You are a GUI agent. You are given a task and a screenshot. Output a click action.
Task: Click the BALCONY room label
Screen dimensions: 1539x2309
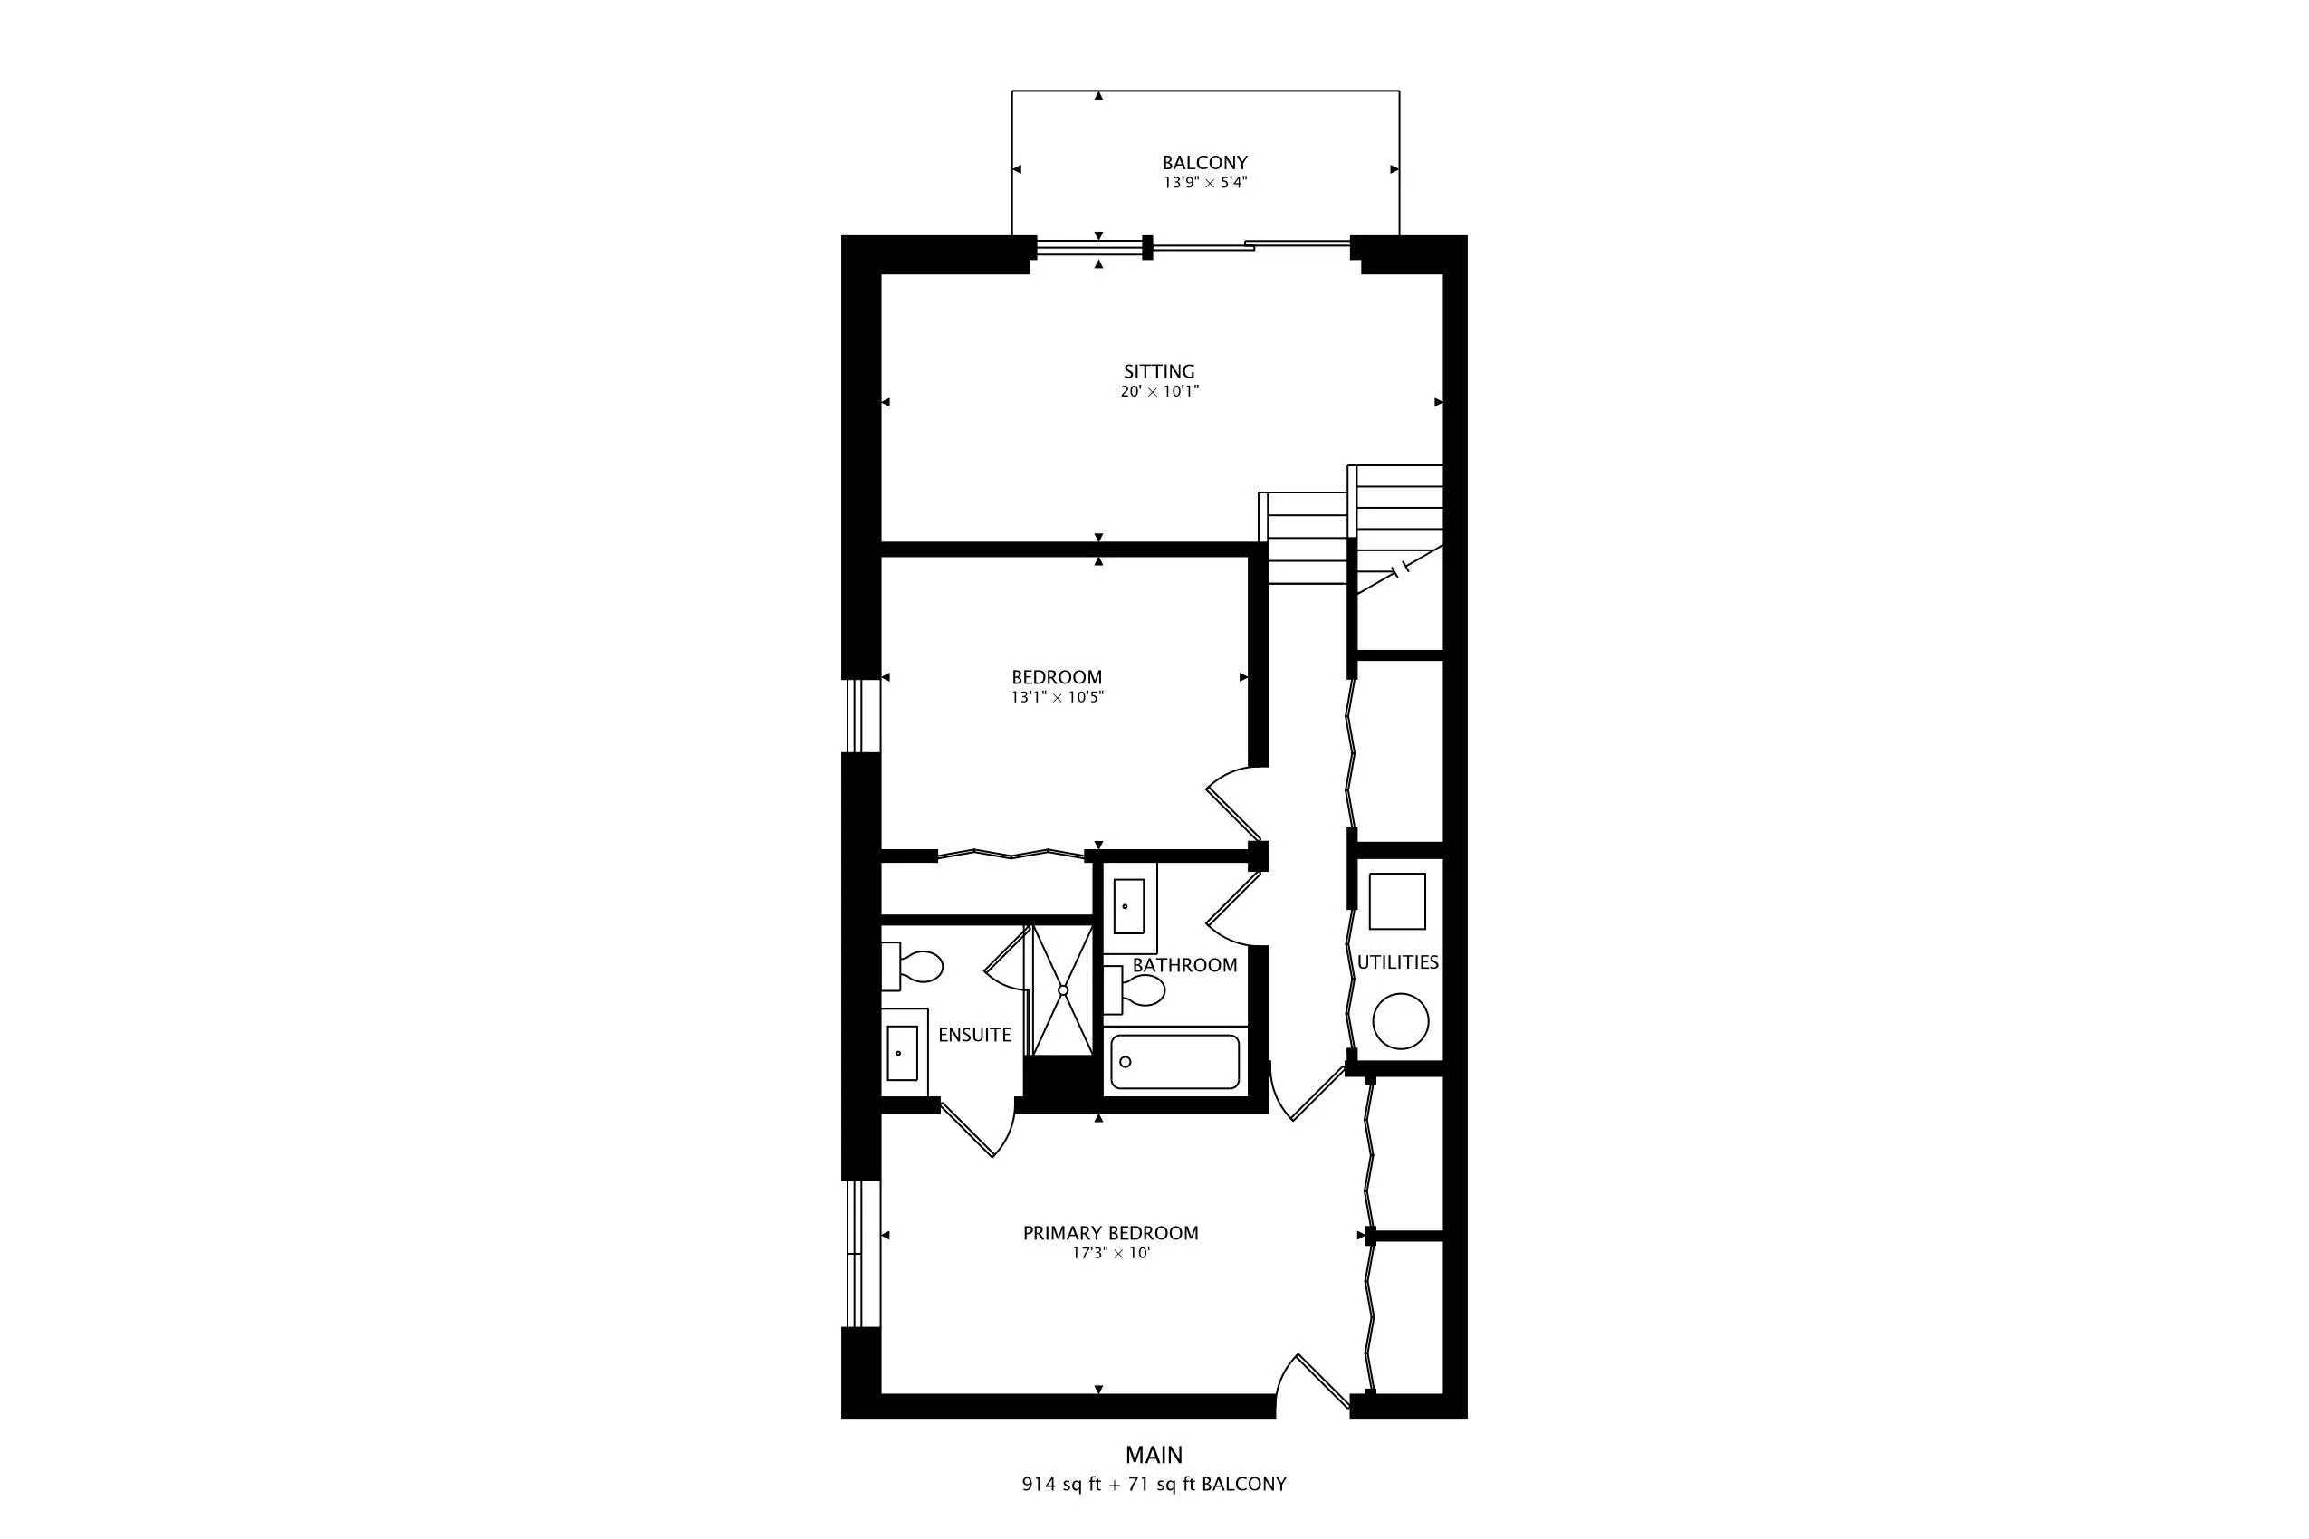pos(1204,163)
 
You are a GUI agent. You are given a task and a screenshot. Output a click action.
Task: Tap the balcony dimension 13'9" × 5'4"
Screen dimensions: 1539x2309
pos(1204,183)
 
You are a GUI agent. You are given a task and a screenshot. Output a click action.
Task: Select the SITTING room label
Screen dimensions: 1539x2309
pos(1159,372)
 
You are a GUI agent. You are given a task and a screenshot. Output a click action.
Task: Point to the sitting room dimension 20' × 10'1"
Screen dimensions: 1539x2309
pos(1159,392)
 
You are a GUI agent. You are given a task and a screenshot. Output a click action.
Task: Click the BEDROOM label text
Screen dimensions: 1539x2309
pos(1057,677)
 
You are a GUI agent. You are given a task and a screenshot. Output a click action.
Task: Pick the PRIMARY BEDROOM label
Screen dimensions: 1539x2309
pos(1110,1233)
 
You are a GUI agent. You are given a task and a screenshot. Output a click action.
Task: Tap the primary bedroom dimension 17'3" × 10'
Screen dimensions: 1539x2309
pos(1110,1254)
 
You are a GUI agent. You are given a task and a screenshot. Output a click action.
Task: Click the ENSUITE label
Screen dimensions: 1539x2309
pos(974,1035)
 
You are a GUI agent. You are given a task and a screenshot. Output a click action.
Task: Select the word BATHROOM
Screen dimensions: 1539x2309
pos(1185,965)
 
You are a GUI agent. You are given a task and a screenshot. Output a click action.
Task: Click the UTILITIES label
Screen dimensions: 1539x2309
pos(1397,961)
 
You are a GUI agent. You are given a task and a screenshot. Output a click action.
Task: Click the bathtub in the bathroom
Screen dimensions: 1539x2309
pos(1174,1061)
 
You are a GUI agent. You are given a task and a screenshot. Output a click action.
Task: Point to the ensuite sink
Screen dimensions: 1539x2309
pos(901,1053)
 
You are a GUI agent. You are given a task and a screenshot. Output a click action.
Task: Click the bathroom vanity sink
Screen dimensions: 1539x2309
pos(1128,906)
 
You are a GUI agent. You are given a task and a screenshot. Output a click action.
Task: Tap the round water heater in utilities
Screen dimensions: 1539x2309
pos(1400,1021)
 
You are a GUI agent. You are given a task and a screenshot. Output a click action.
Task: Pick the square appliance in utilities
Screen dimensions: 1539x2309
pos(1397,901)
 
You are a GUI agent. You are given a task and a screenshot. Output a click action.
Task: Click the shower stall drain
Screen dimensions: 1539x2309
pos(1062,990)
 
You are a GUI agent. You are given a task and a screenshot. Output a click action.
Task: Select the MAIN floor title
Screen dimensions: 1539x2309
pos(1154,1455)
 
